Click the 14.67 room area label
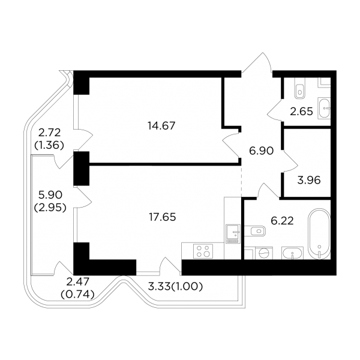pyautogui.click(x=161, y=126)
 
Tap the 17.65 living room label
pyautogui.click(x=163, y=217)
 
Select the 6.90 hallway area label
pyautogui.click(x=261, y=151)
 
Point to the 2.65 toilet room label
pyautogui.click(x=301, y=112)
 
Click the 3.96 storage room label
pyautogui.click(x=309, y=180)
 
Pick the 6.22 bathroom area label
pyautogui.click(x=282, y=221)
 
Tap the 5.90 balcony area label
pyautogui.click(x=50, y=195)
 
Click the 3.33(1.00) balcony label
pyautogui.click(x=175, y=287)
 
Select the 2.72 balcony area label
pyautogui.click(x=49, y=133)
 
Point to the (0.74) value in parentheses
pyautogui.click(x=77, y=295)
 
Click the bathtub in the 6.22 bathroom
pyautogui.click(x=319, y=234)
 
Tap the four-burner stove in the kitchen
pyautogui.click(x=203, y=251)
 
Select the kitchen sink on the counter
pyautogui.click(x=233, y=234)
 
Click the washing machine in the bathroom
pyautogui.click(x=264, y=253)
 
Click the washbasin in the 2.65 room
pyautogui.click(x=324, y=108)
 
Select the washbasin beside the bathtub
pyautogui.click(x=292, y=253)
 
